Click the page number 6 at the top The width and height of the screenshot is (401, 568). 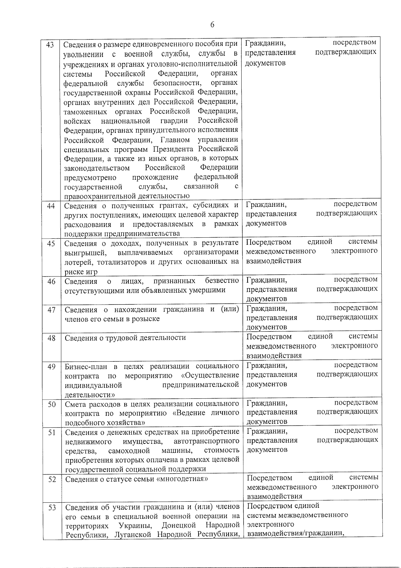[212, 25]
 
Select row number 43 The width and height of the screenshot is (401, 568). [50, 45]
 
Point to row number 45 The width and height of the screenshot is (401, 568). [51, 244]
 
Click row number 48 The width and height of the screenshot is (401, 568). [51, 338]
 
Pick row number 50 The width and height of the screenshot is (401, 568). [51, 404]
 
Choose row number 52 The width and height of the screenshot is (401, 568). [52, 480]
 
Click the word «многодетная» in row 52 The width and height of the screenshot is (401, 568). [182, 479]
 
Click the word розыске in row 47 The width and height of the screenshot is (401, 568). [146, 319]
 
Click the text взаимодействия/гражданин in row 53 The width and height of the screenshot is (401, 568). [296, 533]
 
